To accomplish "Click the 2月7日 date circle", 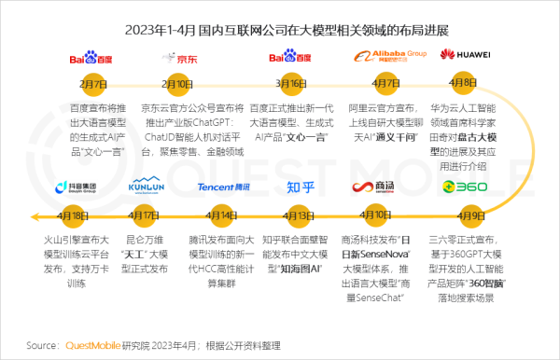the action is coord(93,83).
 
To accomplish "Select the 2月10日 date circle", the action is coord(179,83).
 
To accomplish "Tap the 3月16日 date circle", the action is coord(288,83).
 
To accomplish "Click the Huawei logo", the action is coord(468,55).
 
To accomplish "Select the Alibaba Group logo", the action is coord(386,56).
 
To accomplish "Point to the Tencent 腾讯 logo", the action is coord(224,187).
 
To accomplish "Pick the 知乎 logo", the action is coord(300,187).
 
